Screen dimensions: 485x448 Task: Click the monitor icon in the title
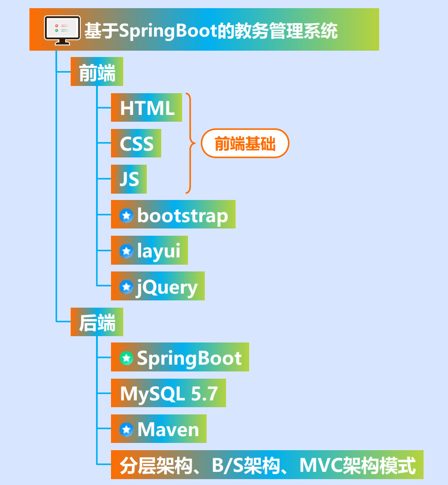click(62, 30)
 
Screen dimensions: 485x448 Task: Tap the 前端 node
click(97, 73)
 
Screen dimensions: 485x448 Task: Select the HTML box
click(147, 108)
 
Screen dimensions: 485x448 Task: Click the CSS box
click(136, 143)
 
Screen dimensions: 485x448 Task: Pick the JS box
click(129, 179)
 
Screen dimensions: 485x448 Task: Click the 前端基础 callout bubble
click(245, 143)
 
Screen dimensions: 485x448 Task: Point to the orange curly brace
click(190, 143)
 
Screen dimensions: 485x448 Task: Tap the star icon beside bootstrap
click(126, 215)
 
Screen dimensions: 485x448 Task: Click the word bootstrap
click(183, 215)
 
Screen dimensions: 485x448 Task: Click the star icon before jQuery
click(126, 286)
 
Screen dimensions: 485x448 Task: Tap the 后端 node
click(97, 323)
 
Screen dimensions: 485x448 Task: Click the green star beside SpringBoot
click(126, 358)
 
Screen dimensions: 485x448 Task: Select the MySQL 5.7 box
click(169, 394)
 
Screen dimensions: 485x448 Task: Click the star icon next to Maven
click(126, 429)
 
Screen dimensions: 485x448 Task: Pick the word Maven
click(168, 429)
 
